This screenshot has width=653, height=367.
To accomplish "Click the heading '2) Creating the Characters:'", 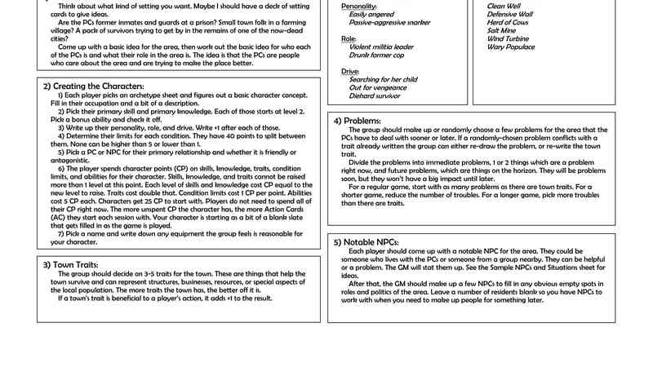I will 93,86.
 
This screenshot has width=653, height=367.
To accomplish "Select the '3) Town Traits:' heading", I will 72,265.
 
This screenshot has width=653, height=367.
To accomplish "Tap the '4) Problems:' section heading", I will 358,121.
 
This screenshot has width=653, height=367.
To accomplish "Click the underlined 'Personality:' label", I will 358,6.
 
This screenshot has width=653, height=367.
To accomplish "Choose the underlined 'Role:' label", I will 349,38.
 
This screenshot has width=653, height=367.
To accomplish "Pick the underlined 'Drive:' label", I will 350,71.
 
